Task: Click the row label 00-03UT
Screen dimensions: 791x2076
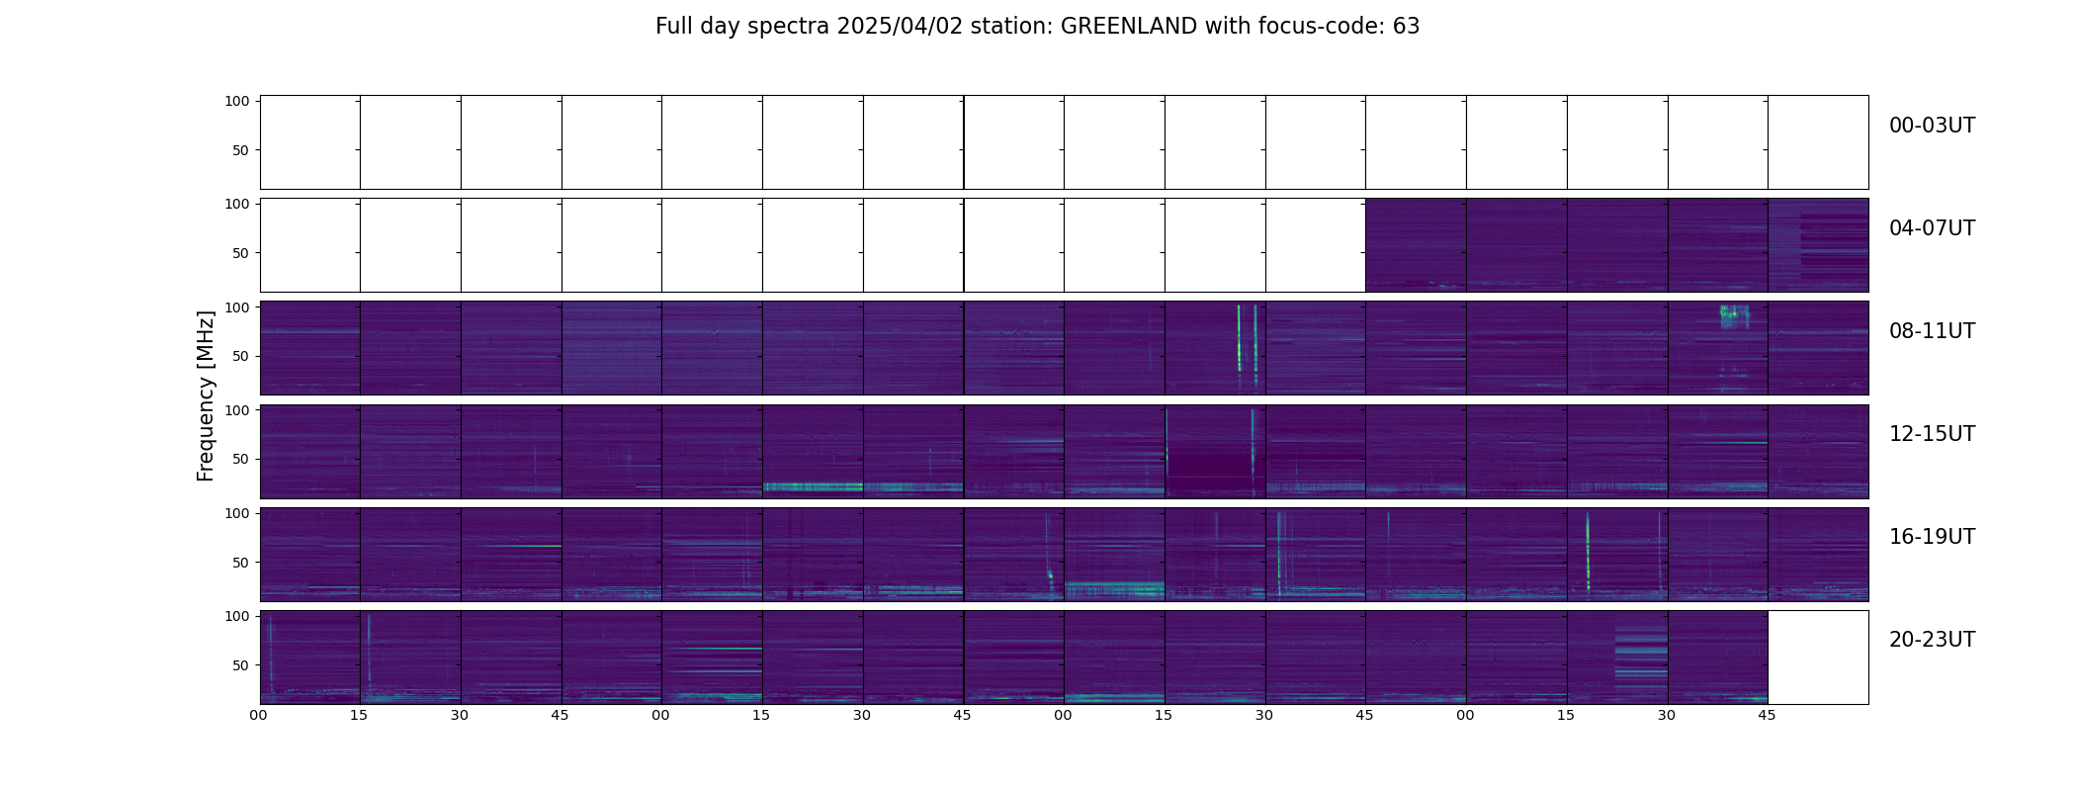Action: (1932, 126)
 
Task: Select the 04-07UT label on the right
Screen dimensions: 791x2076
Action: (1932, 228)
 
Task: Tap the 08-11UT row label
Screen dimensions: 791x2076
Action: (1932, 331)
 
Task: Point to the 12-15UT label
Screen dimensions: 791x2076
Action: (1932, 434)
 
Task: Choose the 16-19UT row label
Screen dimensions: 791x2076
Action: (1932, 537)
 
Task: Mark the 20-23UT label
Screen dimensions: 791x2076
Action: (1932, 640)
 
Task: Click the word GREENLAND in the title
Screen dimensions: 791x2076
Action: (1128, 27)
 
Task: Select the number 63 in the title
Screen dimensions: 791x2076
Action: (1406, 27)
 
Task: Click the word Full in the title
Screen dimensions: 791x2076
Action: (673, 27)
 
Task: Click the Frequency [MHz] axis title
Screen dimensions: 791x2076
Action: (206, 395)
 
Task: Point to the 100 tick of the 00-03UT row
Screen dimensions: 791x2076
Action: (236, 101)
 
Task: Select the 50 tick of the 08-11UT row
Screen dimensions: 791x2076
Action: (241, 356)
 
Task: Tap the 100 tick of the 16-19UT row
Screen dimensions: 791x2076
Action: (236, 513)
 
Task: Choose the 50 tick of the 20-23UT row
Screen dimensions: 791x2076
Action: (241, 665)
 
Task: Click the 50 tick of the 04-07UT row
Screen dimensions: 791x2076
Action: (241, 253)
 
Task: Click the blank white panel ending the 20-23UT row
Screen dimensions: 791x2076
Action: (1817, 658)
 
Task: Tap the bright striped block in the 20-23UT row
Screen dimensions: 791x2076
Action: (1641, 658)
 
